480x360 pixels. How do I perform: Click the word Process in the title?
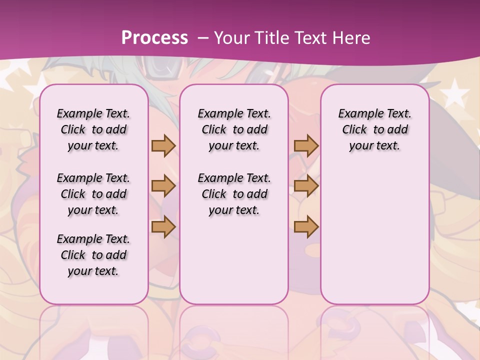tap(154, 38)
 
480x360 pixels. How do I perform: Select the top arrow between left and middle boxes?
tap(163, 145)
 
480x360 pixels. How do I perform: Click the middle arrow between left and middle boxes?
tap(163, 186)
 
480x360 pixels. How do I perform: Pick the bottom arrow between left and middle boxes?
tap(163, 227)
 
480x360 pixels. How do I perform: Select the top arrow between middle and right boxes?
tap(306, 145)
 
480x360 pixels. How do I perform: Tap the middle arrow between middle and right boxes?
tap(306, 186)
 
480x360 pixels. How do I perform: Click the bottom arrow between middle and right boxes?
tap(306, 227)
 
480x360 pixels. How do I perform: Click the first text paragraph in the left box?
tap(93, 129)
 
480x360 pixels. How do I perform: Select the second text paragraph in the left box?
tap(93, 194)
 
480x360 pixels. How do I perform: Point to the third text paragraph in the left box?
tap(93, 255)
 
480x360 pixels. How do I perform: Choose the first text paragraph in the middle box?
tap(234, 129)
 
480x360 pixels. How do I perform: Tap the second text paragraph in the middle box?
tap(234, 194)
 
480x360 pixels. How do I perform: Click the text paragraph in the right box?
tap(374, 129)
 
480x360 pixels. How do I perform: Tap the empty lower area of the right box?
tap(374, 235)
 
